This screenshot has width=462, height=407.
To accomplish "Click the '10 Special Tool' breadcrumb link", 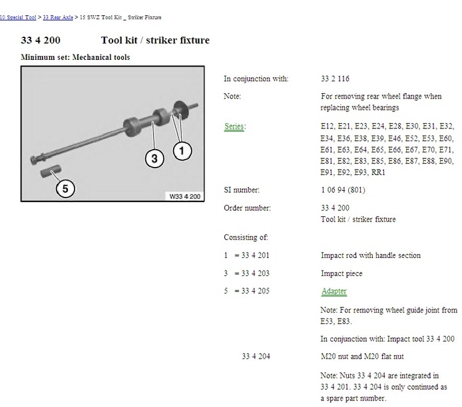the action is pyautogui.click(x=18, y=17).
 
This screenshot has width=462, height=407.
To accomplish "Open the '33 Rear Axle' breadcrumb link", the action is pyautogui.click(x=58, y=17).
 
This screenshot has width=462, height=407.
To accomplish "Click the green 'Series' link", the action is pyautogui.click(x=234, y=126).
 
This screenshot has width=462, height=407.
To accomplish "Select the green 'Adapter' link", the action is pyautogui.click(x=334, y=291).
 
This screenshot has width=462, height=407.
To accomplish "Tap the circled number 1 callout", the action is pyautogui.click(x=182, y=151).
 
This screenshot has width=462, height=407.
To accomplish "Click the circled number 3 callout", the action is pyautogui.click(x=154, y=159).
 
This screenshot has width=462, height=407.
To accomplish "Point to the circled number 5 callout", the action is pyautogui.click(x=65, y=189).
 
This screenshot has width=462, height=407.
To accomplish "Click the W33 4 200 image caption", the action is pyautogui.click(x=185, y=196).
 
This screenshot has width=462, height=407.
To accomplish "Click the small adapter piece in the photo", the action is pyautogui.click(x=51, y=171).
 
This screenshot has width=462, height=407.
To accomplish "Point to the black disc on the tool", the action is pyautogui.click(x=180, y=110).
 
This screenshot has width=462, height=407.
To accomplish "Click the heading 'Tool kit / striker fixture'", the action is pyautogui.click(x=155, y=40).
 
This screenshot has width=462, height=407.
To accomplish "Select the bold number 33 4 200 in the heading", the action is pyautogui.click(x=41, y=40).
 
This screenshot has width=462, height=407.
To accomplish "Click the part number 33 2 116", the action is pyautogui.click(x=335, y=78).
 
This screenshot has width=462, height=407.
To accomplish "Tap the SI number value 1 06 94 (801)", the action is pyautogui.click(x=343, y=190).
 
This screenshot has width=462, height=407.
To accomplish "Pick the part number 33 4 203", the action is pyautogui.click(x=255, y=273).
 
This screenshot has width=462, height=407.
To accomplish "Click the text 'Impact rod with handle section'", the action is pyautogui.click(x=371, y=255).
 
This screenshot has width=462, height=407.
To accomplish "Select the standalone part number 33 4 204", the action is pyautogui.click(x=256, y=356).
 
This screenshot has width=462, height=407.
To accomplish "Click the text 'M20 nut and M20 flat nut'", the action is pyautogui.click(x=362, y=356).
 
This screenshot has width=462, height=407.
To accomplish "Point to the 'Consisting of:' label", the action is pyautogui.click(x=246, y=237).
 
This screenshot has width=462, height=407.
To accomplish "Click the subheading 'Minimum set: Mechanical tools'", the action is pyautogui.click(x=75, y=57).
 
